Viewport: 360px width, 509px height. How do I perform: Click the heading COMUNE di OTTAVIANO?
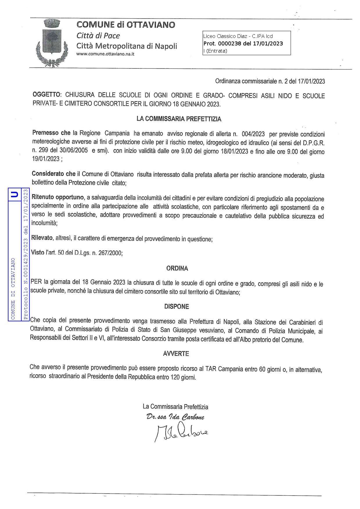click(125, 25)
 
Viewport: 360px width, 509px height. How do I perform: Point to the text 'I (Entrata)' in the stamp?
click(215, 51)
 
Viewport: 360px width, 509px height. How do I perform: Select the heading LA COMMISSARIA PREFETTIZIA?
click(179, 119)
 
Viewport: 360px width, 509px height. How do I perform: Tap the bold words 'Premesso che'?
click(51, 133)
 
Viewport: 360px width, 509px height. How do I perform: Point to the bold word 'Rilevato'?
click(42, 239)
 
